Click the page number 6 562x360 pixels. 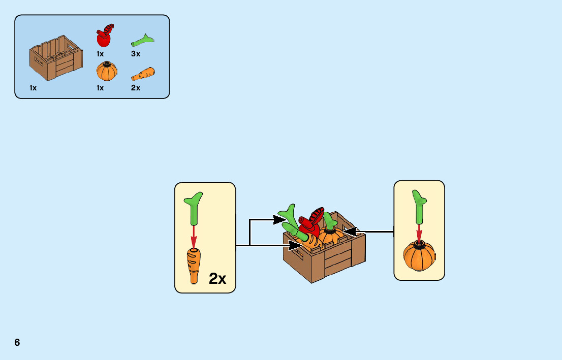pos(17,342)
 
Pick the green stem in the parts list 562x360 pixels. pos(143,40)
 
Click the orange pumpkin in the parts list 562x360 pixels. pos(107,71)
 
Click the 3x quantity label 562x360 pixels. pos(136,54)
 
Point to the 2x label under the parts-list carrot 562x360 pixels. pos(136,88)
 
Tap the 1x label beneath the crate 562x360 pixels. pos(33,88)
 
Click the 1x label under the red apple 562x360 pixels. pos(100,54)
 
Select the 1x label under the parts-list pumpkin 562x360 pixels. pos(100,88)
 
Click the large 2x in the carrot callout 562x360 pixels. pos(217,278)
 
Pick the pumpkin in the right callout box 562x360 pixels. pos(419,256)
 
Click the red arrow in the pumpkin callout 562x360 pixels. pos(419,233)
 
